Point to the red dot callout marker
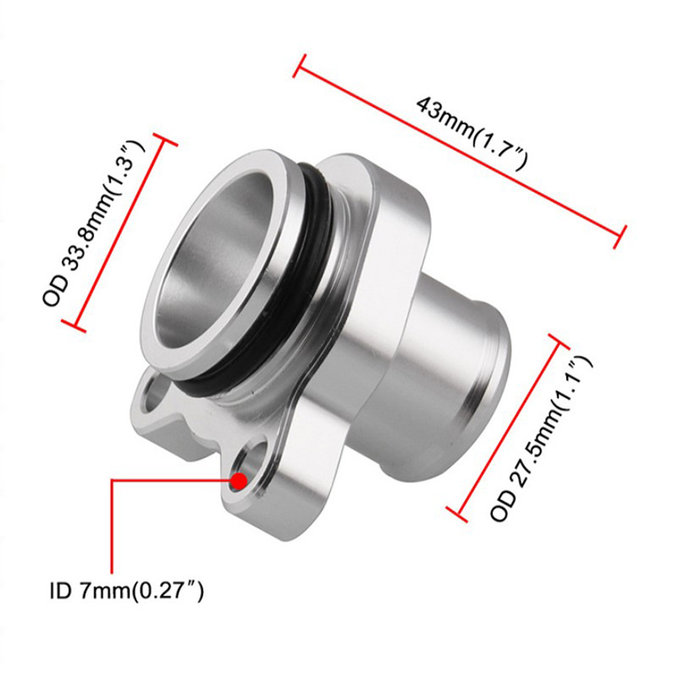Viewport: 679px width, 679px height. click(239, 481)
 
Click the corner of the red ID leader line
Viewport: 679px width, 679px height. click(113, 481)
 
